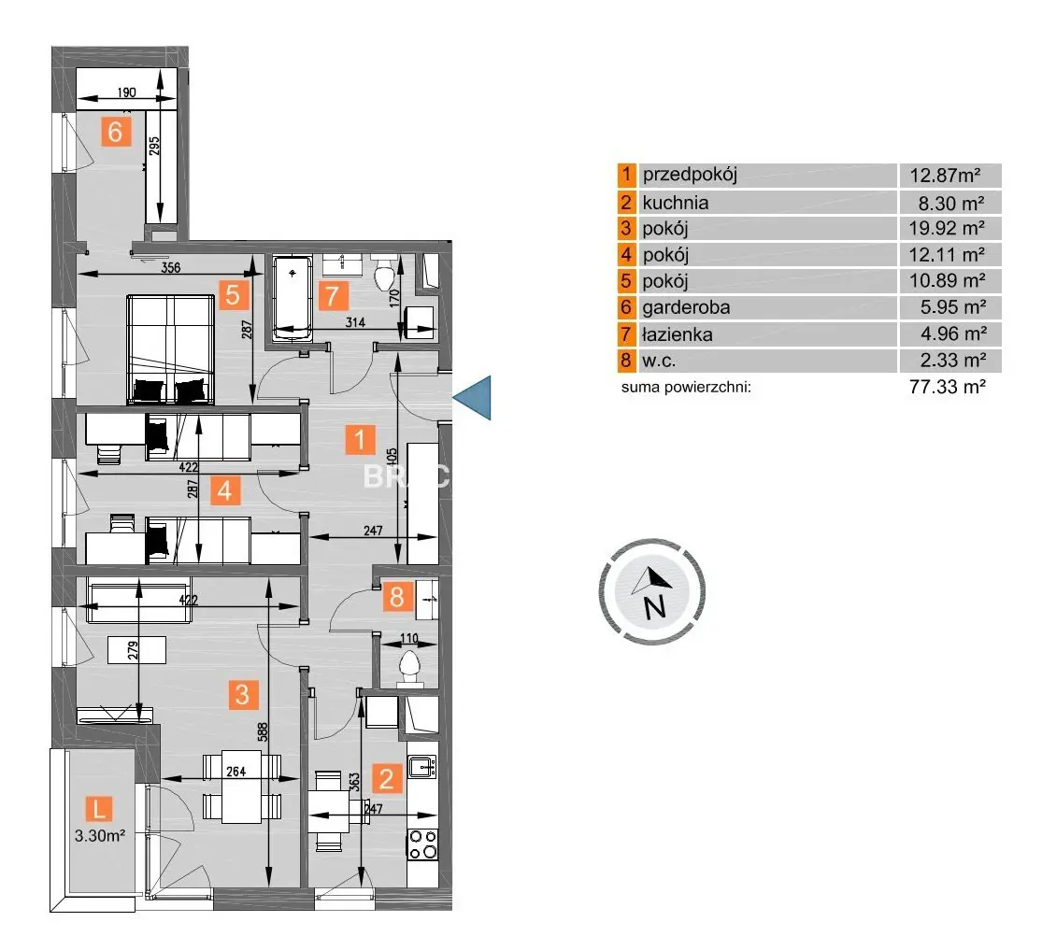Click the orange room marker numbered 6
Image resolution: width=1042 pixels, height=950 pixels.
click(115, 132)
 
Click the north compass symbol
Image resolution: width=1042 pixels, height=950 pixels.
click(652, 590)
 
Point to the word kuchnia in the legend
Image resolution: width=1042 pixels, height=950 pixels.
click(675, 202)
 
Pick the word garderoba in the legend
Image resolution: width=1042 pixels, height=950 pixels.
click(685, 307)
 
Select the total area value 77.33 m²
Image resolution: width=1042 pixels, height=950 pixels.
click(948, 386)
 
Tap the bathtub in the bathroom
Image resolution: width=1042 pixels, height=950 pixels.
click(294, 296)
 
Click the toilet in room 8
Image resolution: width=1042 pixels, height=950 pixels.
click(409, 667)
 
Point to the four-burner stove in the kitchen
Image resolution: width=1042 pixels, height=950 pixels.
click(422, 844)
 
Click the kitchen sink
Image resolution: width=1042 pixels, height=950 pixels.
click(423, 767)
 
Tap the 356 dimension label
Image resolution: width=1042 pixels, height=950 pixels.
click(169, 267)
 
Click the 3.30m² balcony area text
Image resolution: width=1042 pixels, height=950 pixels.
click(100, 837)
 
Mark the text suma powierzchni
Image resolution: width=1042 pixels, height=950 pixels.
click(686, 386)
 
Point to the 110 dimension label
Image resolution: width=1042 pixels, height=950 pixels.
click(408, 640)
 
